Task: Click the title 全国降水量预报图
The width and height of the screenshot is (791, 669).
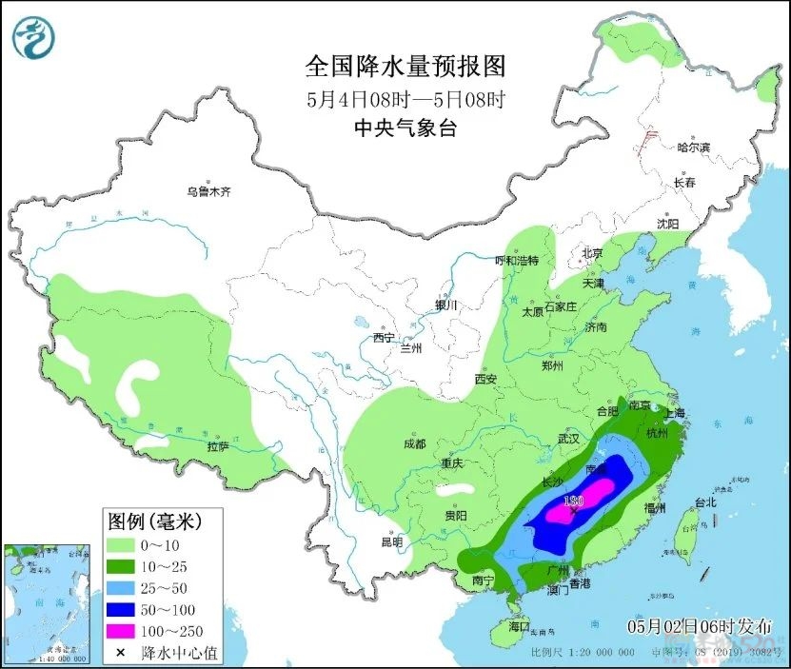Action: [x=405, y=67]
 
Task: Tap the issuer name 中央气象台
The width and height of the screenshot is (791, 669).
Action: [x=405, y=128]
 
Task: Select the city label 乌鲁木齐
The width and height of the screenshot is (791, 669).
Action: [x=208, y=191]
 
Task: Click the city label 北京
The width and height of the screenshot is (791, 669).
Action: [x=592, y=253]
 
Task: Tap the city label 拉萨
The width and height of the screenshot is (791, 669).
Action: [x=217, y=446]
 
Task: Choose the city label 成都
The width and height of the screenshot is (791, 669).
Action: [x=414, y=443]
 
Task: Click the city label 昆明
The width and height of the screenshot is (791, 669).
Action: [x=391, y=541]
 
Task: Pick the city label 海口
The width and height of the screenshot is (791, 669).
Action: [x=518, y=628]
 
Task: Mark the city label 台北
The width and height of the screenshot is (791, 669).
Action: [x=705, y=502]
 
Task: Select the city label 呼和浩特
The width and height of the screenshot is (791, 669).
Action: [x=517, y=261]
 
